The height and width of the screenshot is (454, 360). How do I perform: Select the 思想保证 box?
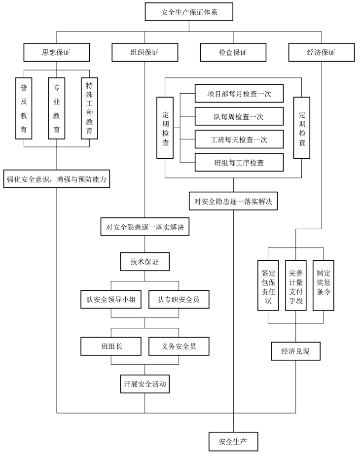click(57, 52)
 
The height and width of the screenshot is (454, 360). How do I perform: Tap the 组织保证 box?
click(144, 52)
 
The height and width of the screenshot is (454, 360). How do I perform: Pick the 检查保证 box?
click(233, 52)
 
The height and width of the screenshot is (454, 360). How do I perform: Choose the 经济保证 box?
click(321, 52)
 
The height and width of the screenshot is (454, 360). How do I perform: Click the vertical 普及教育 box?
click(24, 108)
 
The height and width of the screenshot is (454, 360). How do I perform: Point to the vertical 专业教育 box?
click(57, 108)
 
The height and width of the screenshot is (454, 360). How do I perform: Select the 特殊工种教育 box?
click(89, 108)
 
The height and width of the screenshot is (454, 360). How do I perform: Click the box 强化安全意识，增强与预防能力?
click(57, 179)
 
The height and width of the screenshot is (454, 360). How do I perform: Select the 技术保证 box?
click(144, 261)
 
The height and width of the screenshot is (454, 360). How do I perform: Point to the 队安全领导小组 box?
click(111, 299)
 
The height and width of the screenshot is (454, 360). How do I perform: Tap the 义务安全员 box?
click(178, 346)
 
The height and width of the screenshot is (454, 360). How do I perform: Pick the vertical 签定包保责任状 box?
click(268, 285)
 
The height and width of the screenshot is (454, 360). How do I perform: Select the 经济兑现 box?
click(295, 350)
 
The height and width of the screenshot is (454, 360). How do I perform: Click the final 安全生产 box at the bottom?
click(233, 440)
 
